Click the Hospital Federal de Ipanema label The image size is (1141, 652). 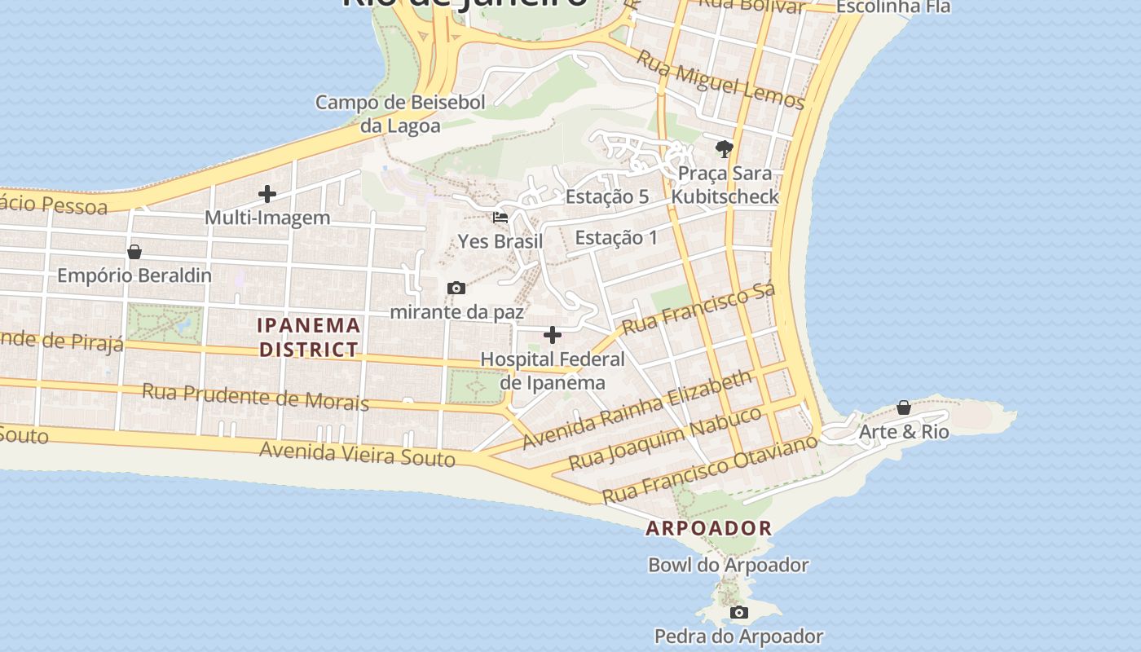click(553, 371)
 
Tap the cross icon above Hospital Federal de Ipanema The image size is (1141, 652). click(553, 334)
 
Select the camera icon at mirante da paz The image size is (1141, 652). click(456, 288)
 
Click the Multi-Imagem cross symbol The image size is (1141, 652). click(267, 194)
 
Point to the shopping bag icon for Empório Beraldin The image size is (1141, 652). click(134, 252)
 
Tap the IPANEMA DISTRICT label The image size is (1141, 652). click(309, 337)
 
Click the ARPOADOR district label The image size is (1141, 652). click(708, 528)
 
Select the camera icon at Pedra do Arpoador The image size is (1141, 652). click(738, 612)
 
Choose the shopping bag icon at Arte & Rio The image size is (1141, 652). click(903, 407)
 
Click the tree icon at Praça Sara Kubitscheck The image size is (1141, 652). click(724, 148)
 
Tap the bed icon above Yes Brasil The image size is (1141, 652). click(500, 218)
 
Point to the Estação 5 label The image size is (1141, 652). click(607, 196)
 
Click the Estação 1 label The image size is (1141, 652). click(616, 238)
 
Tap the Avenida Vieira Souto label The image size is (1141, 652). click(357, 454)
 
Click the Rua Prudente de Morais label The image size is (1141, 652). click(255, 396)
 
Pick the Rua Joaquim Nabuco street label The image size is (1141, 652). click(665, 438)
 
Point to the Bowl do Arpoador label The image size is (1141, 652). click(728, 565)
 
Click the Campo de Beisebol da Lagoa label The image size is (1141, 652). click(400, 114)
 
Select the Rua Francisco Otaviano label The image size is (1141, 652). click(709, 469)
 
